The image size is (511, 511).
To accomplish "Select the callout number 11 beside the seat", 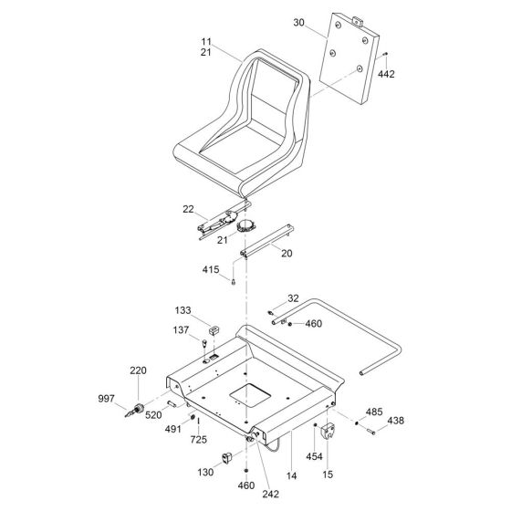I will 206,41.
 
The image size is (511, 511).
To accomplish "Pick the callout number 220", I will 138,370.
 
